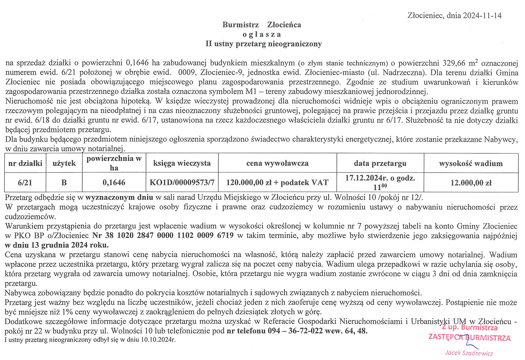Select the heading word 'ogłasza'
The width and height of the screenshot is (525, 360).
coord(262,35)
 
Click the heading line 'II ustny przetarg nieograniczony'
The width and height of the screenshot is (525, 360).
coord(263,44)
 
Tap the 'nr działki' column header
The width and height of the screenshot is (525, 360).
coord(25,163)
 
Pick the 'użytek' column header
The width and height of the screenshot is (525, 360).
coord(64,163)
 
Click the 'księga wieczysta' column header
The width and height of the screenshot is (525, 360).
coord(182,163)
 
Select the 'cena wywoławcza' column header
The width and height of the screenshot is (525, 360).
coord(277,163)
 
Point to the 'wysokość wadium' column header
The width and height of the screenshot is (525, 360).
coord(471,163)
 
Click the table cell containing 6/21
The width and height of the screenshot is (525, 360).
coord(25,182)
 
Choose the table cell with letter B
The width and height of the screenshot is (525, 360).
coord(64,182)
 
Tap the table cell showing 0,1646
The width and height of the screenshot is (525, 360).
coord(114,182)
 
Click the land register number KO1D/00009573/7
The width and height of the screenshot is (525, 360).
coord(182,182)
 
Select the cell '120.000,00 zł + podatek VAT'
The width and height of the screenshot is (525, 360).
coord(277,182)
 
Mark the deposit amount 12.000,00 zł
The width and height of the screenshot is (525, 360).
coord(471,183)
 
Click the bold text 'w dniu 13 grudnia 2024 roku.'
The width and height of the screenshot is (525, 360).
coord(57,245)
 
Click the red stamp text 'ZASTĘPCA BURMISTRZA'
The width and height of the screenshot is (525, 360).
coord(469,337)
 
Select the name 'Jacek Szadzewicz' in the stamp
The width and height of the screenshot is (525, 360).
coord(469,353)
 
